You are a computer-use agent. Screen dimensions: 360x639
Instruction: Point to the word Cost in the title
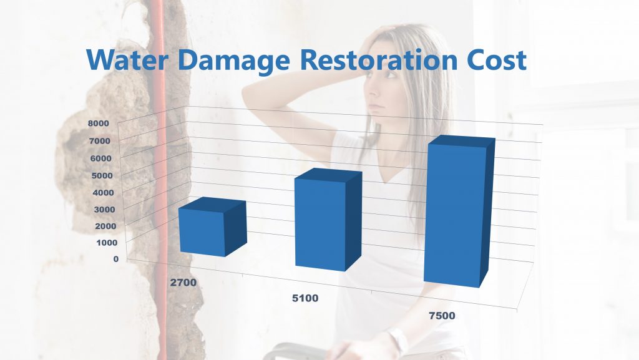493,60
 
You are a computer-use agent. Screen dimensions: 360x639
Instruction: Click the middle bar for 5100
320,223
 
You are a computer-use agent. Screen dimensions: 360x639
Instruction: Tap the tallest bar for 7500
454,215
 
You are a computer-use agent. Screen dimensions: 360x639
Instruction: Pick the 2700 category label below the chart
183,283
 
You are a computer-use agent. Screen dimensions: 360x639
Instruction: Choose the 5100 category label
305,299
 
